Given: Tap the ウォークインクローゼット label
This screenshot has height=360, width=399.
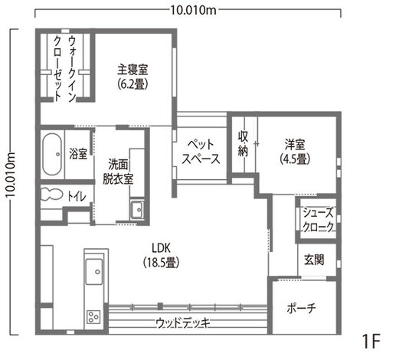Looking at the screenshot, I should click(x=65, y=66).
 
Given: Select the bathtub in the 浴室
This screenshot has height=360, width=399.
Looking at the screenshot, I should click(x=53, y=154).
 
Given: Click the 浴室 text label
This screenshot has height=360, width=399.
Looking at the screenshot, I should click(x=77, y=152).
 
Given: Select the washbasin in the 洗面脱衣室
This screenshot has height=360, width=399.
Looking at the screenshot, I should click(x=137, y=209).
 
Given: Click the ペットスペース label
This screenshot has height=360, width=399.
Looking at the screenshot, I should click(x=201, y=151).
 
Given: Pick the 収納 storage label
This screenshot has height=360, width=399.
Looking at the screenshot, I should click(x=244, y=143).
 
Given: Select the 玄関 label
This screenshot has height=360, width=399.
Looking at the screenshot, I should click(x=313, y=259).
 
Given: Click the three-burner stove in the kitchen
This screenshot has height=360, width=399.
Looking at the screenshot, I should click(x=94, y=316).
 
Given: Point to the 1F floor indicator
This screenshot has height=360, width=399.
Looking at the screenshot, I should click(x=371, y=339).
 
